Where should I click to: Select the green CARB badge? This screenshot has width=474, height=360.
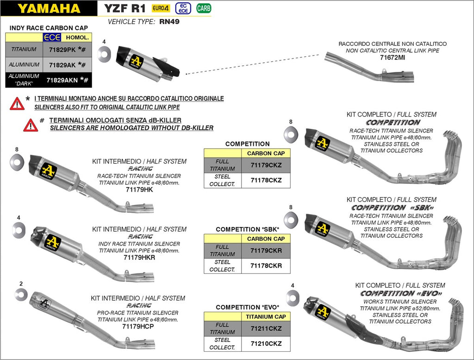(203, 8)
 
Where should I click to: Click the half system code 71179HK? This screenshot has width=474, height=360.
(139, 189)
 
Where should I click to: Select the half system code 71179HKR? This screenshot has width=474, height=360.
(139, 257)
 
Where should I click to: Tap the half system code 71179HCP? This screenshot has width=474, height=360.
(139, 326)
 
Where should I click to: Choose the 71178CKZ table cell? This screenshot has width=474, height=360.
(266, 180)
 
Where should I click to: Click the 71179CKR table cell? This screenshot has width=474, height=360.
(266, 251)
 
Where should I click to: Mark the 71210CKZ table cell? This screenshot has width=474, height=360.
(266, 344)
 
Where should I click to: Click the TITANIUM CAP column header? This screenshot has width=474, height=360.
(266, 317)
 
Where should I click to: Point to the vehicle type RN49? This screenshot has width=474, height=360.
(169, 22)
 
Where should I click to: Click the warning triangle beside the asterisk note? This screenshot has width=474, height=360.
(17, 103)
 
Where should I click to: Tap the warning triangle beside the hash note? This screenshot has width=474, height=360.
(31, 125)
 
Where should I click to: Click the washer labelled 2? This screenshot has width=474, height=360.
(21, 293)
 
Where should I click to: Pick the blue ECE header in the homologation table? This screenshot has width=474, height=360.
(52, 37)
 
